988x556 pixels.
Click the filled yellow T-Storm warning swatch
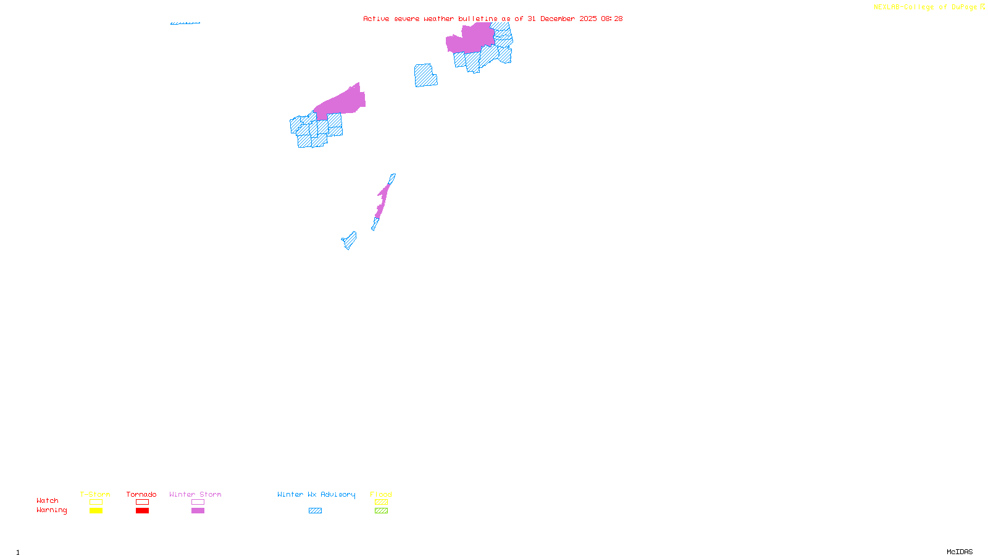[x=96, y=511]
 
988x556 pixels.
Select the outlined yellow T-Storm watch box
[x=96, y=502]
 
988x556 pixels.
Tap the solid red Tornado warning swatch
[x=142, y=511]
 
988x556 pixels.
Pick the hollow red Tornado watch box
[x=142, y=502]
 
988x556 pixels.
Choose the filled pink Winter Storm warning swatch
[x=198, y=511]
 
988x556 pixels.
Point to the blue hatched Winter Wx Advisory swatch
[x=315, y=511]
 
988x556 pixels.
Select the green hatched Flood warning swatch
[x=381, y=511]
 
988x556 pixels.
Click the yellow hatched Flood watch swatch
[x=381, y=502]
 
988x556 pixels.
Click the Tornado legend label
[x=141, y=494]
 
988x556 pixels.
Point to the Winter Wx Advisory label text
[x=316, y=494]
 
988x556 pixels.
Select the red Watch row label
[x=48, y=500]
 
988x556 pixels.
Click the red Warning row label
[x=51, y=510]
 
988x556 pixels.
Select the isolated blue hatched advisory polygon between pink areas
[x=425, y=75]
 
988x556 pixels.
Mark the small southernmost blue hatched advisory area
[x=350, y=240]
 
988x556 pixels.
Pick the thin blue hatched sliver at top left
[x=185, y=23]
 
